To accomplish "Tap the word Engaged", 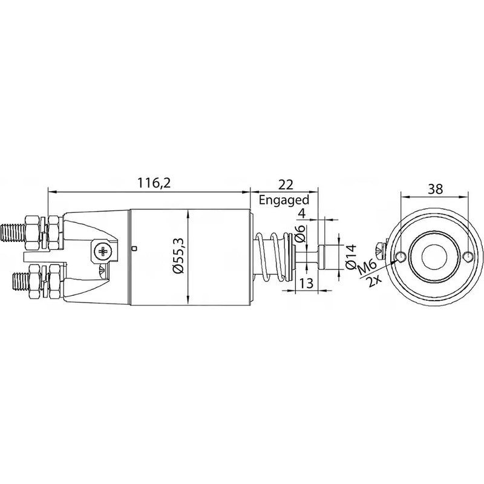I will (x=284, y=200).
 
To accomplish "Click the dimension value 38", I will (x=434, y=188).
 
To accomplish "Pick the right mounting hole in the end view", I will (x=466, y=257).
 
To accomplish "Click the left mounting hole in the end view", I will (x=400, y=257).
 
